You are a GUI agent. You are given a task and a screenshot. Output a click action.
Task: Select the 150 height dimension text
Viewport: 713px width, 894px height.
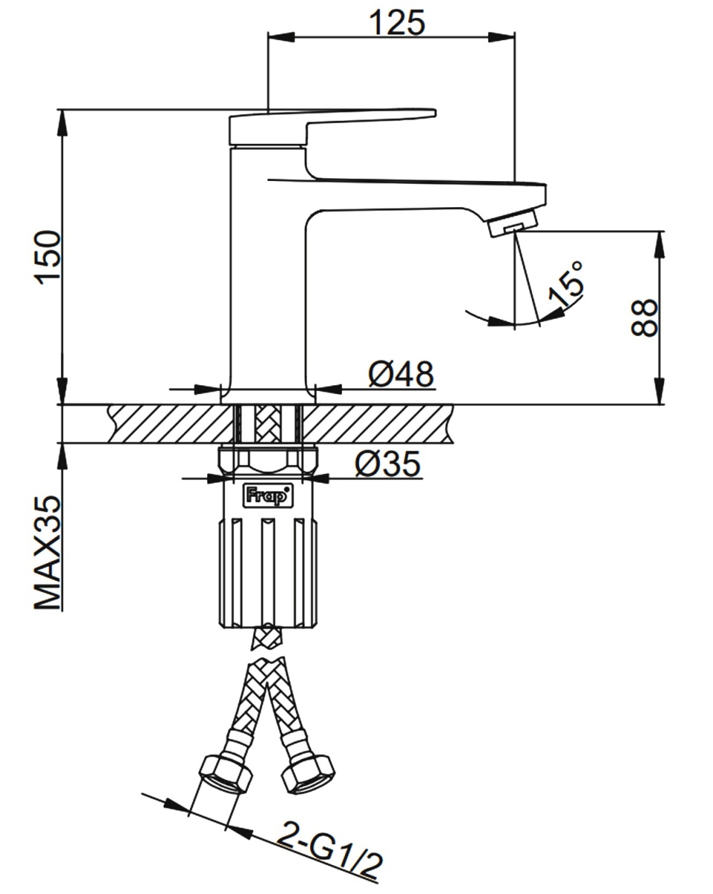tap(46, 257)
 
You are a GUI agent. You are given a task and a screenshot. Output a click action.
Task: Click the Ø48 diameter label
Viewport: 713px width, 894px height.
tap(401, 374)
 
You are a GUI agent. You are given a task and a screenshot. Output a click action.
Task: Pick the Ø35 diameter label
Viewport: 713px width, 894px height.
tap(387, 464)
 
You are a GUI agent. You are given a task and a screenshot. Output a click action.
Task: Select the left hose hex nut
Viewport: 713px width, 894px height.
tap(224, 772)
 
